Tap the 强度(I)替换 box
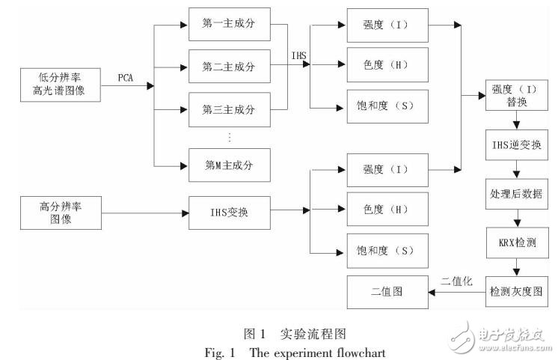[x=516, y=97]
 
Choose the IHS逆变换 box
[x=516, y=144]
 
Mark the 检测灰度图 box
[x=516, y=290]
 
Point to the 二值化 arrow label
[x=456, y=281]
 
